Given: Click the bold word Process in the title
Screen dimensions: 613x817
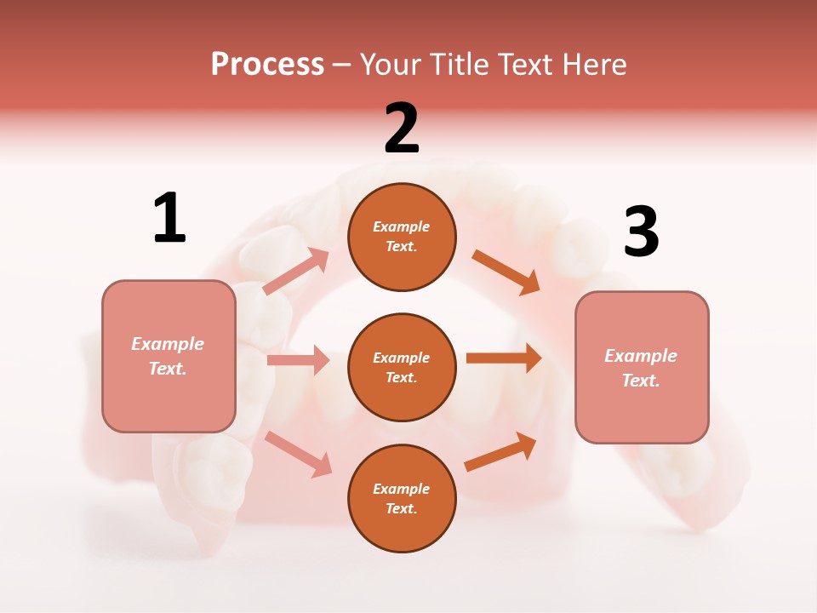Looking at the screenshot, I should [267, 64].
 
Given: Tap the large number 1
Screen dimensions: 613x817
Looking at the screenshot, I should [169, 218].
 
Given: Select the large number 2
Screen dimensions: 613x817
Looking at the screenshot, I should [402, 129].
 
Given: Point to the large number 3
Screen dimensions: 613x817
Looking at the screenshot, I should [641, 232].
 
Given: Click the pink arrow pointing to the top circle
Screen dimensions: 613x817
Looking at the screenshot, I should [295, 272].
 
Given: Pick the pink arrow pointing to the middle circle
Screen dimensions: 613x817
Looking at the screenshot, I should [298, 360].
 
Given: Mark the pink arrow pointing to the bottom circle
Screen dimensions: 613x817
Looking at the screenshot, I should [298, 454].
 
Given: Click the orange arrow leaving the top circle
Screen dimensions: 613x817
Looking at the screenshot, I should [506, 272].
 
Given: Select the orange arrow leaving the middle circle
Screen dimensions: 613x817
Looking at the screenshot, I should [503, 358].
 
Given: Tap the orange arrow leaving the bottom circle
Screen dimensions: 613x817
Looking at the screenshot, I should [500, 452].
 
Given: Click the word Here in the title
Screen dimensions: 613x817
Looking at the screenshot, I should [592, 64].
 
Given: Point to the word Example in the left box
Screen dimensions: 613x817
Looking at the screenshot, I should [168, 344].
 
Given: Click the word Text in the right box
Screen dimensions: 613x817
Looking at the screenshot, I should [638, 381].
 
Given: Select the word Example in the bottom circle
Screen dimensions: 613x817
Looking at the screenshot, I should [402, 489].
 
